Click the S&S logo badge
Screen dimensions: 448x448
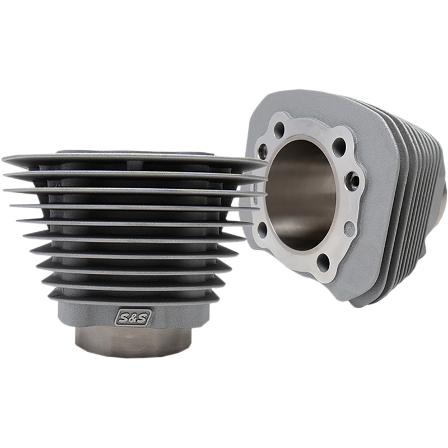[x=133, y=317]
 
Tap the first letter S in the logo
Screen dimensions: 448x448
[x=123, y=318]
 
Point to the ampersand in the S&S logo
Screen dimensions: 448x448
[x=133, y=318]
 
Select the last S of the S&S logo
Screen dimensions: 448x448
[x=143, y=317]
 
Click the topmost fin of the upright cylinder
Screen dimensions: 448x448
[x=134, y=161]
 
